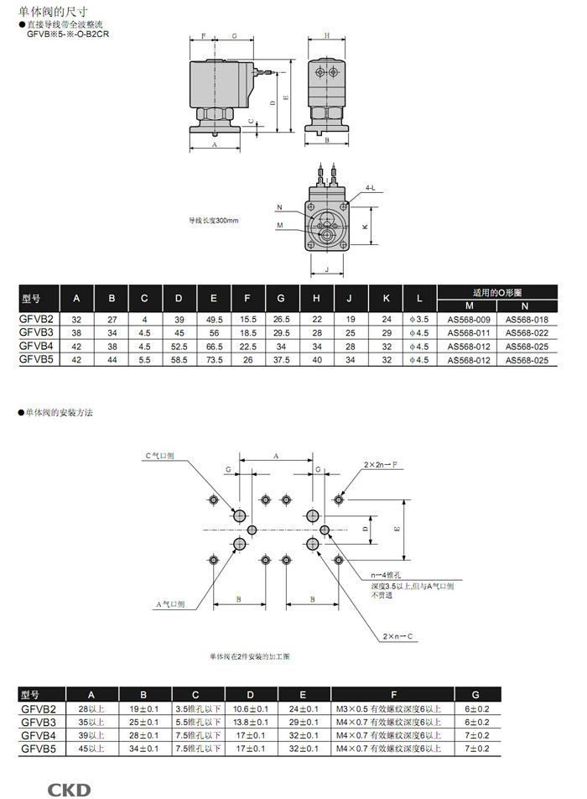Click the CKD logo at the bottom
click(x=68, y=789)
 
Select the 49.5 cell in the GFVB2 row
click(x=214, y=319)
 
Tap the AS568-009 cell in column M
click(x=469, y=319)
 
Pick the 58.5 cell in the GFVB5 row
click(x=179, y=359)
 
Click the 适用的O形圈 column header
click(x=497, y=293)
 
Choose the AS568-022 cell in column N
click(x=527, y=332)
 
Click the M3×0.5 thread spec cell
click(x=392, y=708)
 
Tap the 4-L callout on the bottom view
click(x=371, y=189)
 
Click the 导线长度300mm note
click(x=214, y=220)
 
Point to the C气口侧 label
click(x=159, y=456)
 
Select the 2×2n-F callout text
click(x=381, y=463)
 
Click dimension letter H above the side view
click(x=327, y=35)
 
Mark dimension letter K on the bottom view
click(x=366, y=227)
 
